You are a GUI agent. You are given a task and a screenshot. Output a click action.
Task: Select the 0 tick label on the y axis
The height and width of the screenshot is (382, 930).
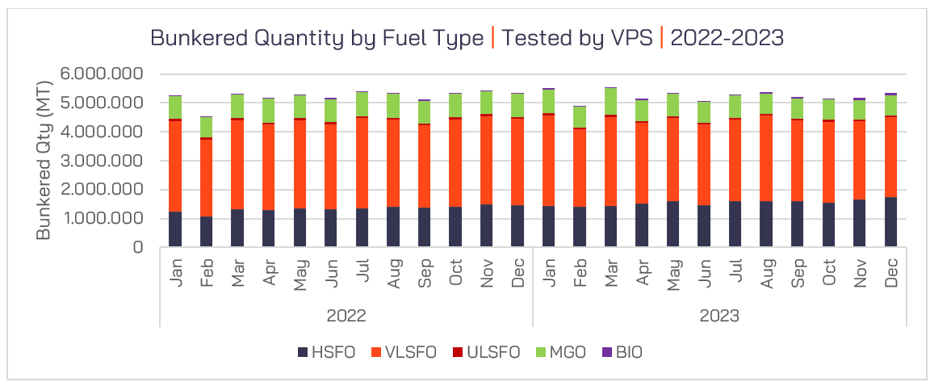(138, 248)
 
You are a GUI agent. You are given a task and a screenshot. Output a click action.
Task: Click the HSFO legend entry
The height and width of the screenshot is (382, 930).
(326, 352)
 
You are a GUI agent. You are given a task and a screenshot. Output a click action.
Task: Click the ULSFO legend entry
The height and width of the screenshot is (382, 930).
(486, 352)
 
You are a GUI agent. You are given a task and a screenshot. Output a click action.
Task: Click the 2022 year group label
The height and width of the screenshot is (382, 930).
(346, 314)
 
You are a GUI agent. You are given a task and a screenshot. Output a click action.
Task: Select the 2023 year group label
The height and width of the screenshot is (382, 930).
(719, 314)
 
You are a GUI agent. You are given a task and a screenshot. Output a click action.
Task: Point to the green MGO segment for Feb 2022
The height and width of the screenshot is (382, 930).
(207, 127)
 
